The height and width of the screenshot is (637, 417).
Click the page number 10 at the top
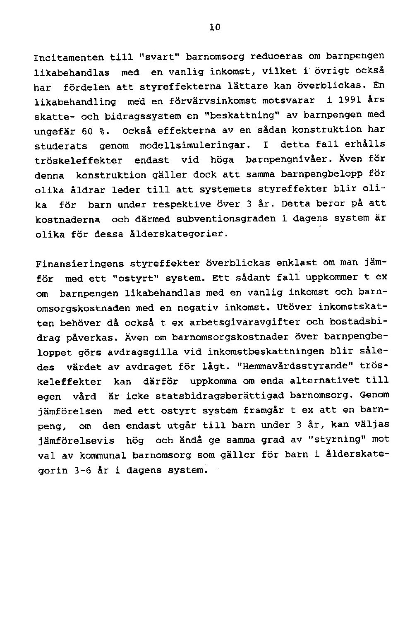tap(214, 28)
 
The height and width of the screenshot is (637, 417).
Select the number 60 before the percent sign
tap(87, 132)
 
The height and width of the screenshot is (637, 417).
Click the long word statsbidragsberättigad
tap(220, 396)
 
